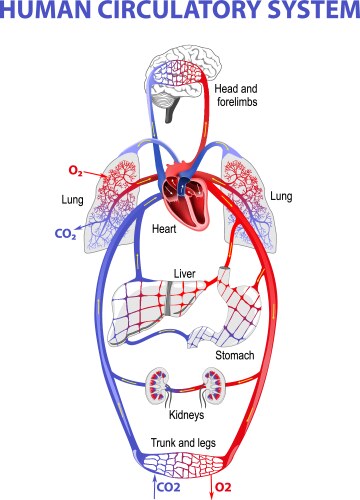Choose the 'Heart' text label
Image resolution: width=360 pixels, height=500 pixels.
(164, 229)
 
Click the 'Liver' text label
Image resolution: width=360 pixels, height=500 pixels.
(184, 272)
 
